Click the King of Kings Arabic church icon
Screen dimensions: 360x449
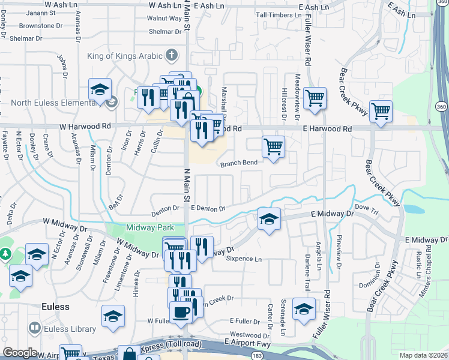click(x=172, y=56)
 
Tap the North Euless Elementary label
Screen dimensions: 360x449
click(x=53, y=103)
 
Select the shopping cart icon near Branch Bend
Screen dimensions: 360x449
click(x=273, y=146)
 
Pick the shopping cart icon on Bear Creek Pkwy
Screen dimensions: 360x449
click(x=381, y=110)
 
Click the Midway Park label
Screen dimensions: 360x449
click(x=149, y=227)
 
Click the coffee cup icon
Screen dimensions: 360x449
click(x=181, y=312)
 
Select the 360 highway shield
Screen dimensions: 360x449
click(x=441, y=106)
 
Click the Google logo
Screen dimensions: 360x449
click(x=20, y=353)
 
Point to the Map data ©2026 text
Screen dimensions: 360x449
click(x=423, y=354)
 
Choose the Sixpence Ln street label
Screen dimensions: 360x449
click(x=244, y=259)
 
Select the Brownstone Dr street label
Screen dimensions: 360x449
click(x=41, y=26)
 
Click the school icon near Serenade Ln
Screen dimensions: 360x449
click(x=304, y=308)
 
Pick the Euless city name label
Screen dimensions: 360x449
click(x=55, y=307)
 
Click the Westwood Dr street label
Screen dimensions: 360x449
click(x=250, y=335)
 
